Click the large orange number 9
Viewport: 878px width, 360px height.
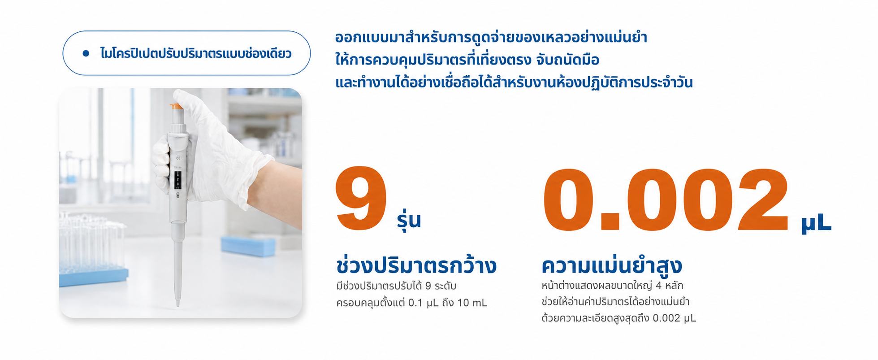361,198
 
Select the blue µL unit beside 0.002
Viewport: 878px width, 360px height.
816,223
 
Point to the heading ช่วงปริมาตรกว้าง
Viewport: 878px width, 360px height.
416,265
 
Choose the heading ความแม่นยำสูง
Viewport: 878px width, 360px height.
612,265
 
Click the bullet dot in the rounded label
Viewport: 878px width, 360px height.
86,53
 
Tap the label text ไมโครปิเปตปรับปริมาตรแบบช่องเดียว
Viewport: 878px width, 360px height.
196,53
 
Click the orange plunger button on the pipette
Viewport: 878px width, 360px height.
176,106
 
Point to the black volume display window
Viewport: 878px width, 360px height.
178,180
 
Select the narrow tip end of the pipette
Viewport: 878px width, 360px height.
177,303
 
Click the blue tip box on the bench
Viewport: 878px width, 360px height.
248,246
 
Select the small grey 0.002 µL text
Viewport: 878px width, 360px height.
674,318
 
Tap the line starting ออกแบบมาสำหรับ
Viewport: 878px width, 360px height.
491,37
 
